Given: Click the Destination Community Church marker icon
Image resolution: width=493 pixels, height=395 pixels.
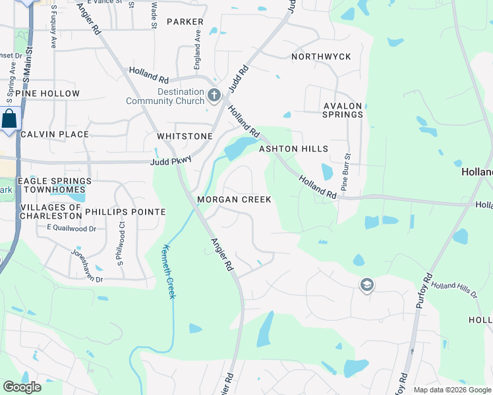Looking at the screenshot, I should click(214, 96).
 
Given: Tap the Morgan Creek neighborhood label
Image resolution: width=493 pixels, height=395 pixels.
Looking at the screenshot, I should click(234, 199).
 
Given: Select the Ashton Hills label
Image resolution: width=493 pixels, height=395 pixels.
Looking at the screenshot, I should click(293, 149).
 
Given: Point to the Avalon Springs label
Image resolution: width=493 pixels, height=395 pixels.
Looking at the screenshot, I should click(343, 110).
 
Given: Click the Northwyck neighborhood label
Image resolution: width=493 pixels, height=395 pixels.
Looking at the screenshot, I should click(321, 57).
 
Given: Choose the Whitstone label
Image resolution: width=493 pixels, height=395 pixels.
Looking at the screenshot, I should click(185, 136).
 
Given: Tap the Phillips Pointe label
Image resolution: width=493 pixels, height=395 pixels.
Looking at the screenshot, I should click(125, 212).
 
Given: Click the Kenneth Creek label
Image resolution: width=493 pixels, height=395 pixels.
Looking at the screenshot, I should click(168, 271).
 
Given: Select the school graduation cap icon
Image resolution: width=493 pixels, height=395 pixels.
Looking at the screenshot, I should click(367, 285).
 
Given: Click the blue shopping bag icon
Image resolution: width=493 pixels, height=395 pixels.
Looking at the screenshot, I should click(9, 120).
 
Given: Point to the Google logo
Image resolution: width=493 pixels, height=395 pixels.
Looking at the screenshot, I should click(22, 387).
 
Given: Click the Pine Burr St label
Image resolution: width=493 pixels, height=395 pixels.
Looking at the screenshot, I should click(344, 171).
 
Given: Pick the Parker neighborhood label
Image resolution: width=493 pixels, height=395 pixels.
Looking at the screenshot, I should click(185, 22).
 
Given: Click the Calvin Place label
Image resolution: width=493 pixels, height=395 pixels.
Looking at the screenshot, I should click(55, 134).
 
